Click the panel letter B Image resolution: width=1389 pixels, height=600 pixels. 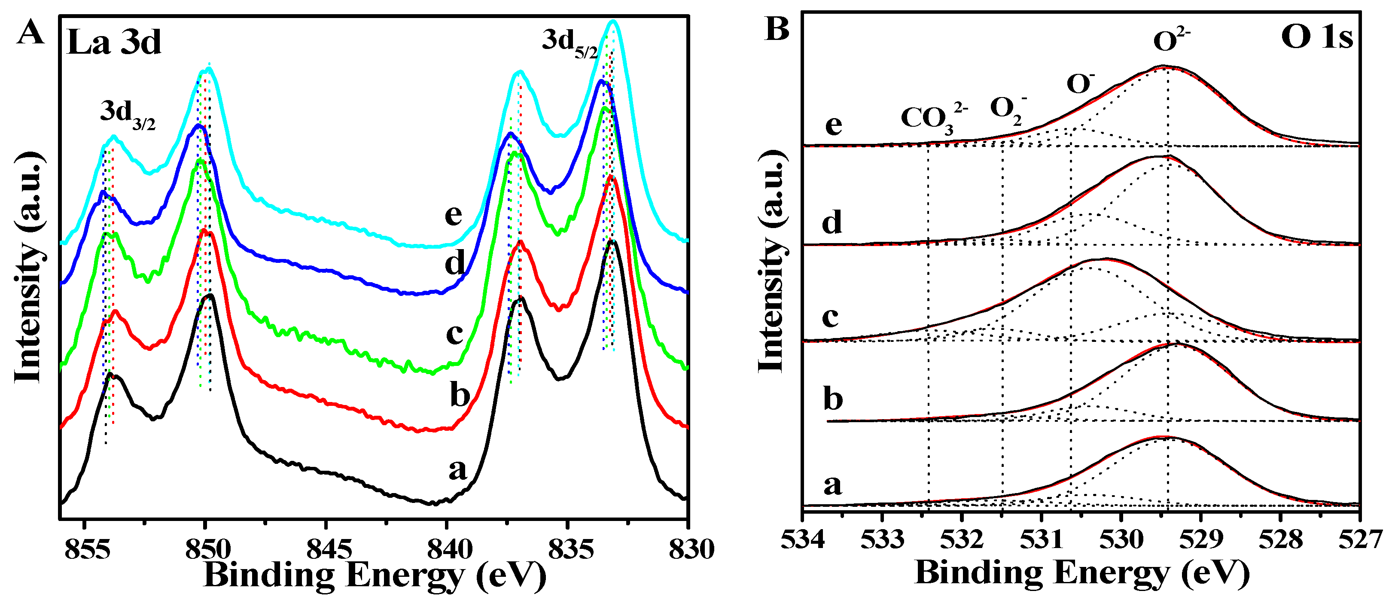click(777, 29)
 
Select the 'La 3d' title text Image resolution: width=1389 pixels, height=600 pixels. click(114, 42)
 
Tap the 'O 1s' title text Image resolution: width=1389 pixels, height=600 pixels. click(1316, 38)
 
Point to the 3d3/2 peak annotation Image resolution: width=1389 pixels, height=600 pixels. click(127, 115)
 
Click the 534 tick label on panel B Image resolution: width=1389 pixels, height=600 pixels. click(802, 539)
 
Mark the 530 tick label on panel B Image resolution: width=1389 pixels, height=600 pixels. click(1121, 539)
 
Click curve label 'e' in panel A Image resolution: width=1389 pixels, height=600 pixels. click(453, 215)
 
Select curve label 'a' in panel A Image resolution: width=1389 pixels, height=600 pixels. click(457, 469)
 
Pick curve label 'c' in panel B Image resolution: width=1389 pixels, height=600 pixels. click(830, 317)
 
